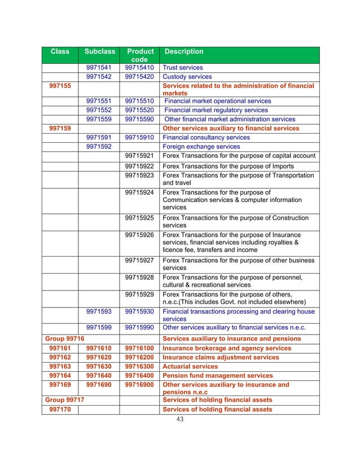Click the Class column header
pyautogui.click(x=60, y=51)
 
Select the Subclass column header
pyautogui.click(x=99, y=51)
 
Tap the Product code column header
pyautogui.click(x=139, y=55)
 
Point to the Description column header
pyautogui.click(x=183, y=51)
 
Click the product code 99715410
pyautogui.click(x=139, y=68)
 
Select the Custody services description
pyautogui.click(x=187, y=77)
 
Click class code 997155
pyautogui.click(x=60, y=86)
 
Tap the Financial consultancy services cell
pyautogui.click(x=206, y=137)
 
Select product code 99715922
pyautogui.click(x=139, y=166)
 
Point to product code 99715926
pyautogui.click(x=139, y=235)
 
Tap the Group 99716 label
pyautogui.click(x=60, y=338)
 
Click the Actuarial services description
pyautogui.click(x=190, y=366)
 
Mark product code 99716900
pyautogui.click(x=139, y=384)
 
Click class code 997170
pyautogui.click(x=60, y=409)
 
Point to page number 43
pyautogui.click(x=180, y=420)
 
